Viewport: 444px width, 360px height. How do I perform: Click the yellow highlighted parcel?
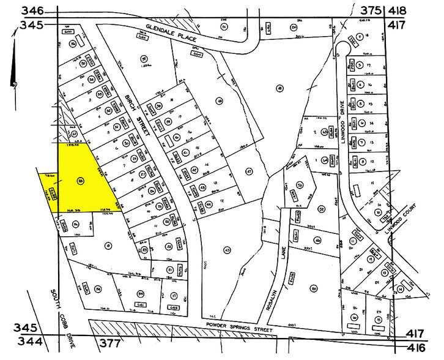coord(80,181)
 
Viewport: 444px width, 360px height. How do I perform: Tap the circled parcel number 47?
coord(248,171)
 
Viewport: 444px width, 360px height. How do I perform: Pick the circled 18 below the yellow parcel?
coord(108,246)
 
